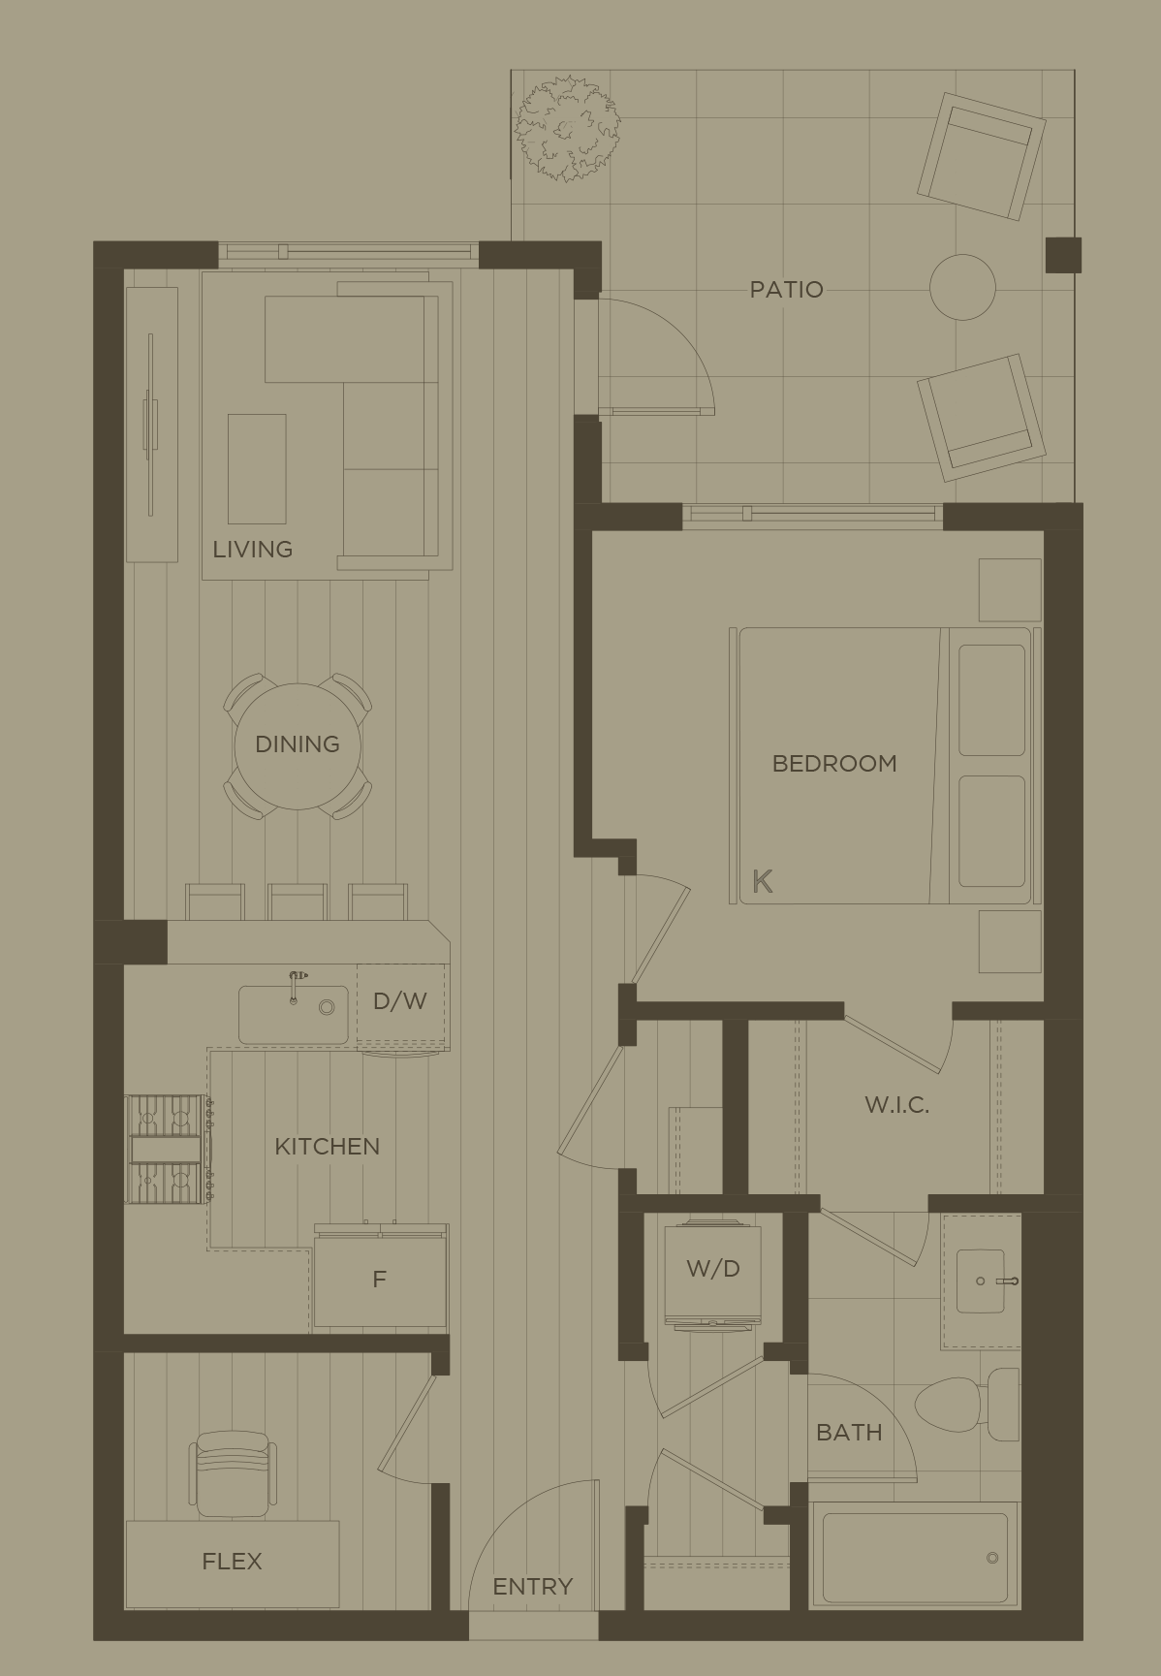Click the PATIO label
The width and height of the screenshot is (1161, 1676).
786,289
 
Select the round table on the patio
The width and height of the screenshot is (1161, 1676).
962,287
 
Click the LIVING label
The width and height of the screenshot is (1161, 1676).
252,549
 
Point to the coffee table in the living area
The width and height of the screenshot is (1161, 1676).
257,468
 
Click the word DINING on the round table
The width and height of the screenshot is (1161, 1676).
298,743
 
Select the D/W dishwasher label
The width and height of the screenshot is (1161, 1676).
399,1000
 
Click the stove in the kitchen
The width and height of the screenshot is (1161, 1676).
166,1149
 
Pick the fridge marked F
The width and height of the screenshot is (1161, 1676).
379,1279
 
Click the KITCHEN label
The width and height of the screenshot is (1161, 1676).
327,1146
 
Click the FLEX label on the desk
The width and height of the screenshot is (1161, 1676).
232,1561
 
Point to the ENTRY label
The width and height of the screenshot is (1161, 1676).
532,1586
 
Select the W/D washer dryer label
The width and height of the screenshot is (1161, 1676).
712,1268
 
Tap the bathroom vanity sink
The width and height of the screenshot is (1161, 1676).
980,1281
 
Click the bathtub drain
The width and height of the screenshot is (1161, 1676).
991,1558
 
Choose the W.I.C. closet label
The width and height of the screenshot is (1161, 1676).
896,1104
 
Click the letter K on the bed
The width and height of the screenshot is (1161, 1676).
763,881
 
